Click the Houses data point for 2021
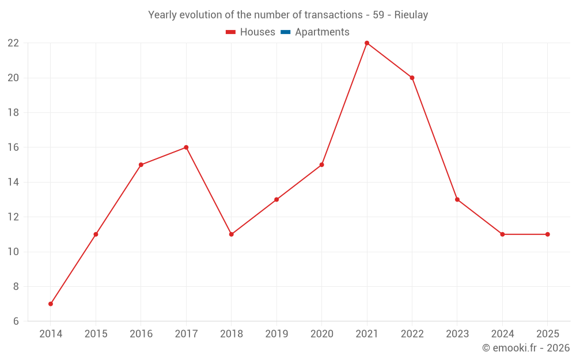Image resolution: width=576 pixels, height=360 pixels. click(x=367, y=43)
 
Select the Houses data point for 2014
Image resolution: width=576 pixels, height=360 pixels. click(x=51, y=304)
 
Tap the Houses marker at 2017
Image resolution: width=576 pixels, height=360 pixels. click(x=186, y=147)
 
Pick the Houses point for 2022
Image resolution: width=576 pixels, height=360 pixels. click(x=412, y=78)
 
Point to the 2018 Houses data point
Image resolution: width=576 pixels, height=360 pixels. click(x=231, y=234)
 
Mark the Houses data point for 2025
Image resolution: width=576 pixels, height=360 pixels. click(x=547, y=234)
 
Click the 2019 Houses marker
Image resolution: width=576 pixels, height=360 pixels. click(x=276, y=199)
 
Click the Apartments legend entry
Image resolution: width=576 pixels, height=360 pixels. click(x=321, y=32)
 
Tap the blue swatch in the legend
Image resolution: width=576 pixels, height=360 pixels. click(x=285, y=32)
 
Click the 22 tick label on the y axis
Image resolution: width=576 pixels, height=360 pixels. click(x=13, y=43)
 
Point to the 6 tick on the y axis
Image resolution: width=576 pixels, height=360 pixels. click(x=16, y=321)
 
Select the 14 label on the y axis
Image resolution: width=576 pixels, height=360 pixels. click(x=13, y=182)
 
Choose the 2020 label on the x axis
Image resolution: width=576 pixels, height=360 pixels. click(x=321, y=334)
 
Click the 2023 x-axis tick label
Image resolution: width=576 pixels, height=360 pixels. click(x=457, y=334)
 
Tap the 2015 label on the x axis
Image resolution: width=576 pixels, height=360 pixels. click(x=96, y=334)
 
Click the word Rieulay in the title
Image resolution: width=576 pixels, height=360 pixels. click(x=411, y=15)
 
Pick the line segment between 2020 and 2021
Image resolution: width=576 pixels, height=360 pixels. click(x=344, y=104)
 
